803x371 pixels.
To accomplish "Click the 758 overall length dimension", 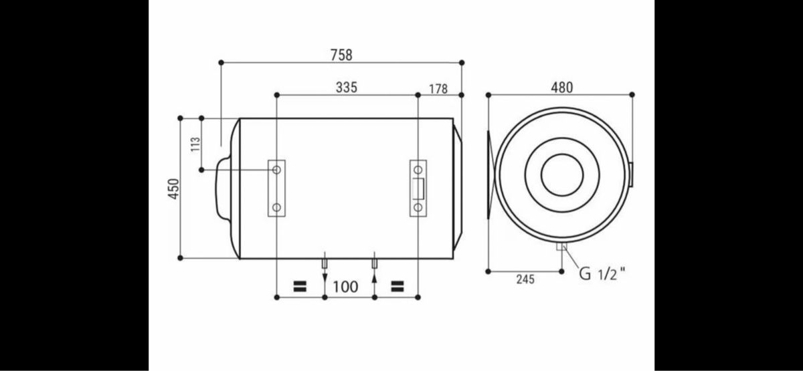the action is click(x=341, y=55).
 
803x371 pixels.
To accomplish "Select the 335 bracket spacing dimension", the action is click(x=347, y=88).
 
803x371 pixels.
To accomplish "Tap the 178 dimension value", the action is click(x=438, y=89).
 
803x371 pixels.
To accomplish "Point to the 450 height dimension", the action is click(x=173, y=189).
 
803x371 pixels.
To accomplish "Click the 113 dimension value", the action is click(x=195, y=144).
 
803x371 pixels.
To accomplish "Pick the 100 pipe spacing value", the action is click(x=345, y=287).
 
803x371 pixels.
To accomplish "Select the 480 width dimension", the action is click(x=561, y=88).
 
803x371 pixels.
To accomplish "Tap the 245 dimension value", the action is click(x=525, y=279).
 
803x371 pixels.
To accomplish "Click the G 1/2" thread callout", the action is click(x=602, y=274).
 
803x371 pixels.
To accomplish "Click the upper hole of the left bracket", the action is click(x=276, y=170).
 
